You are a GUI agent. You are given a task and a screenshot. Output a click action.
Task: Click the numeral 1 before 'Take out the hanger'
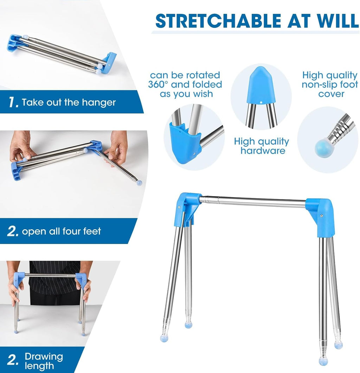12,102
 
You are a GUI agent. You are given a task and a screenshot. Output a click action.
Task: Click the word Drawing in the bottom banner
44,356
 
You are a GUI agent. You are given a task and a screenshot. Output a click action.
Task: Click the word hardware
263,150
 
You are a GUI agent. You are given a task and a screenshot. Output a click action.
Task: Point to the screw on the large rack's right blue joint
321,216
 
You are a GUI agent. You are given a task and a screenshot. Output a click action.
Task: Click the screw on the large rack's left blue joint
179,207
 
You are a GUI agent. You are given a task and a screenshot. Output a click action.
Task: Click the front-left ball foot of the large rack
164,338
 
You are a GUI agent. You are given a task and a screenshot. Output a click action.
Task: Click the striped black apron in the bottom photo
55,283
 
